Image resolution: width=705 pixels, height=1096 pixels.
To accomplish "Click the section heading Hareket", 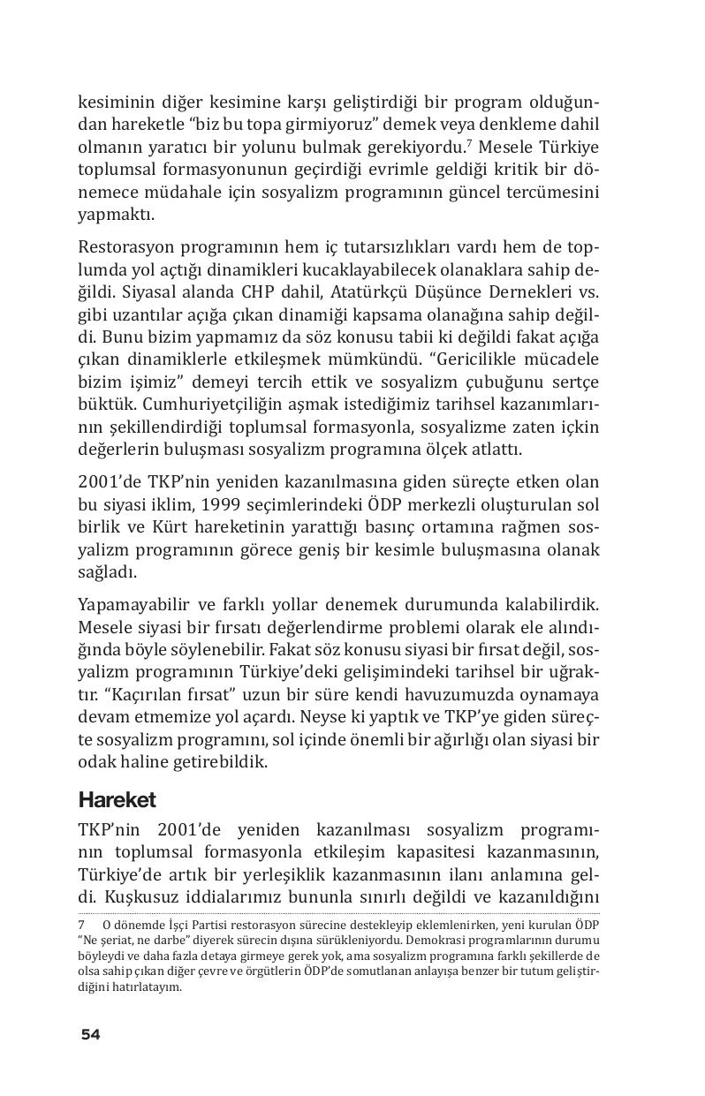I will (x=117, y=800).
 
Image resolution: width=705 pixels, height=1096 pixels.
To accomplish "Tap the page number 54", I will (x=90, y=1034).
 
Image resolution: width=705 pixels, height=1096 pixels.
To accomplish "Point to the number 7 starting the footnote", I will (x=81, y=925).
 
